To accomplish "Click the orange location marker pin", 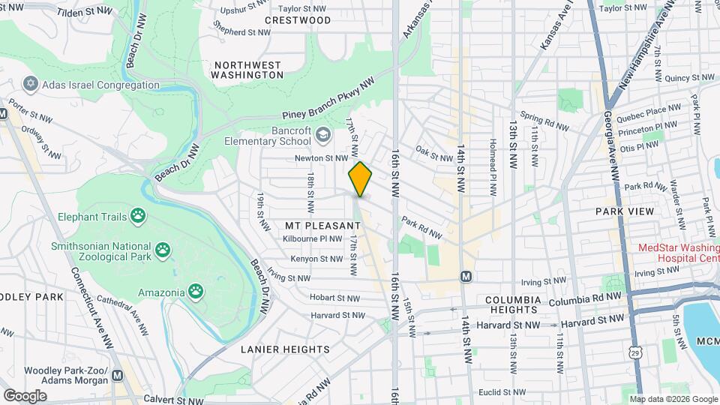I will point(360,179).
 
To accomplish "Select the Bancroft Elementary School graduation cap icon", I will point(323,135).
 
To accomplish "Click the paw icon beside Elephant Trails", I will point(136,217).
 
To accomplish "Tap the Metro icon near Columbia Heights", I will point(466,276).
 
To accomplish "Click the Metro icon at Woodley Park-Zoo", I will point(116,376).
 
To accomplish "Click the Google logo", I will point(25,395).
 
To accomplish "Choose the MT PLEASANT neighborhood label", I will point(322,225).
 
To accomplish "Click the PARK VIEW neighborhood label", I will point(624,211).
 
